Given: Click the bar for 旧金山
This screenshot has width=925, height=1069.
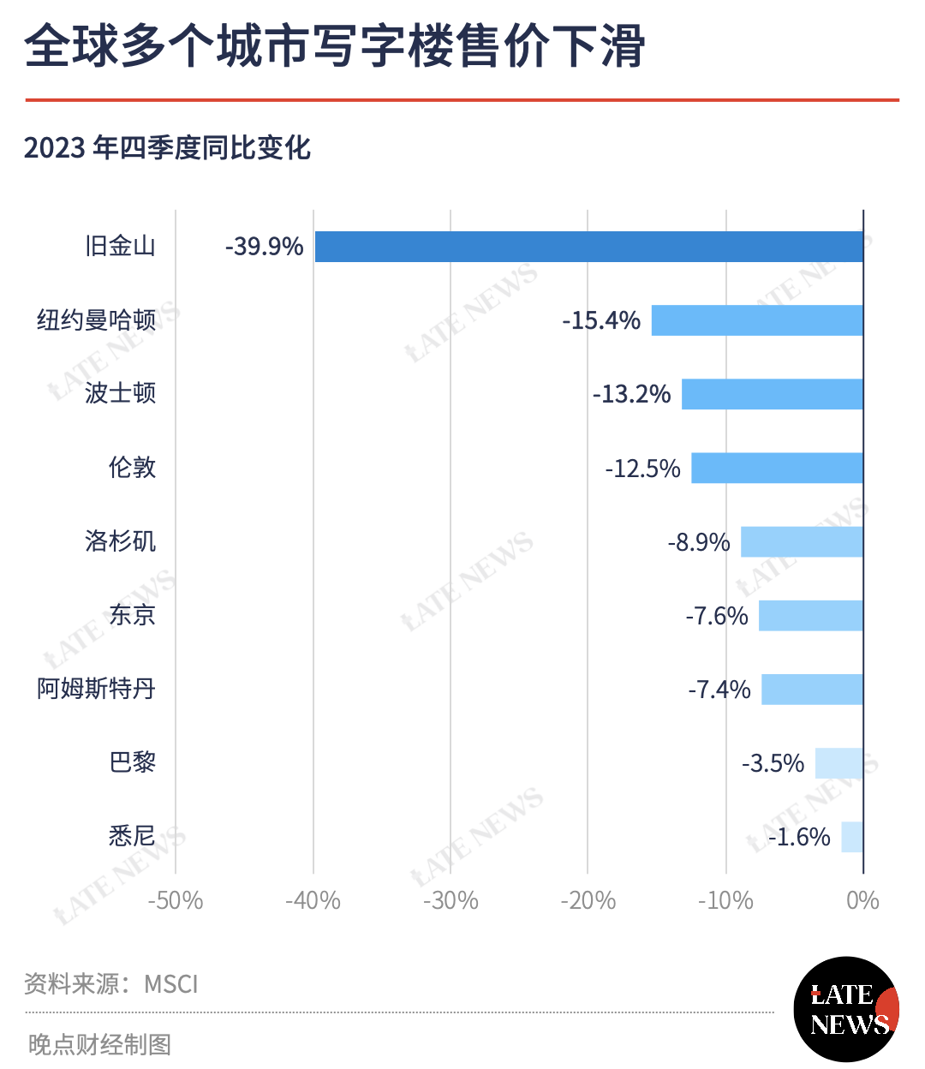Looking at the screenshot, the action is pyautogui.click(x=589, y=247).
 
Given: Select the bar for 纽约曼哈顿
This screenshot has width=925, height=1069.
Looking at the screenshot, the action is pyautogui.click(x=757, y=320).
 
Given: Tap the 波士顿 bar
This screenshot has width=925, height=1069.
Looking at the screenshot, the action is pyautogui.click(x=772, y=394).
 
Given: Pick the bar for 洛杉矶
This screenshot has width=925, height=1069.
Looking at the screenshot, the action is pyautogui.click(x=802, y=542).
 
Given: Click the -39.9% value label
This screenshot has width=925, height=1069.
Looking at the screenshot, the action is pyautogui.click(x=264, y=247).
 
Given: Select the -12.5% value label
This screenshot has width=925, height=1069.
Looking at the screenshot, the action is pyautogui.click(x=642, y=469).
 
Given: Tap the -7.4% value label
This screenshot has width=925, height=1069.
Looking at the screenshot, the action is pyautogui.click(x=719, y=690).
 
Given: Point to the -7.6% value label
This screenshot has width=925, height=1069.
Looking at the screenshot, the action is pyautogui.click(x=717, y=616).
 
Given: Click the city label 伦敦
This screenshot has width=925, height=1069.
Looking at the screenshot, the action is pyautogui.click(x=132, y=468).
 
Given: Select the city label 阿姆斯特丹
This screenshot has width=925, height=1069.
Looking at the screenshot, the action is pyautogui.click(x=96, y=689).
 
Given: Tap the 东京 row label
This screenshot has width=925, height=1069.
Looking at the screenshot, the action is pyautogui.click(x=132, y=615).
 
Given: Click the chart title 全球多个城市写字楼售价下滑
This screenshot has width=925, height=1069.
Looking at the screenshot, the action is pyautogui.click(x=335, y=45).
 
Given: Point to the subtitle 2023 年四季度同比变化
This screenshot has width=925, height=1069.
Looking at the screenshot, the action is pyautogui.click(x=167, y=148).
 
